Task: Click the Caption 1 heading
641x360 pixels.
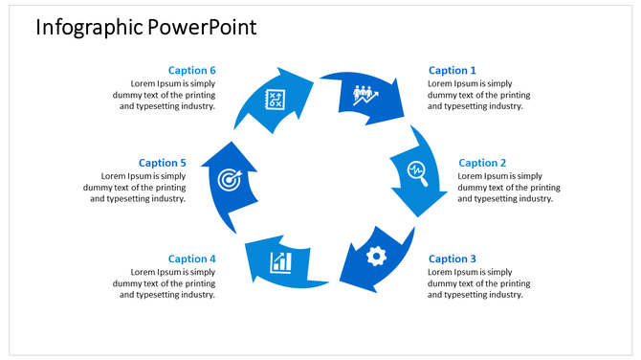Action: (x=452, y=70)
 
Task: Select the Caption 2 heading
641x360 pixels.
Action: (x=482, y=163)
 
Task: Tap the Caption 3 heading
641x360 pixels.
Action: (x=452, y=259)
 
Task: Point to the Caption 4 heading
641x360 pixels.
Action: (x=192, y=259)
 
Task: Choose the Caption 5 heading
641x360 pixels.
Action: (x=162, y=163)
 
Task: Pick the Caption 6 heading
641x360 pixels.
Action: (x=192, y=70)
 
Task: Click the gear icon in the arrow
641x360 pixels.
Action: (x=376, y=256)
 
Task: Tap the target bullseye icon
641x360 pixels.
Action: (x=229, y=178)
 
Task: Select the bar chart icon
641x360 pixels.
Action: (x=280, y=260)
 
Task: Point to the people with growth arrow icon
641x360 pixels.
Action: (x=365, y=95)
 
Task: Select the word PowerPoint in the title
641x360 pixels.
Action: (x=202, y=27)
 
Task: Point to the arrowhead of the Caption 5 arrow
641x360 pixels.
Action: (x=229, y=153)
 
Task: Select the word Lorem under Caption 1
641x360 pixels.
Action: (x=441, y=83)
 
